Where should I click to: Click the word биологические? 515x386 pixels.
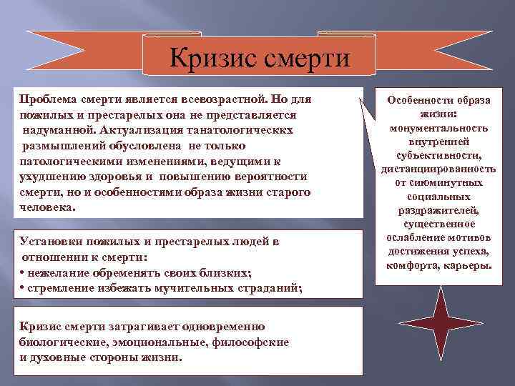[58, 342]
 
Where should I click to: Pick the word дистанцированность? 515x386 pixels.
[438, 169]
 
